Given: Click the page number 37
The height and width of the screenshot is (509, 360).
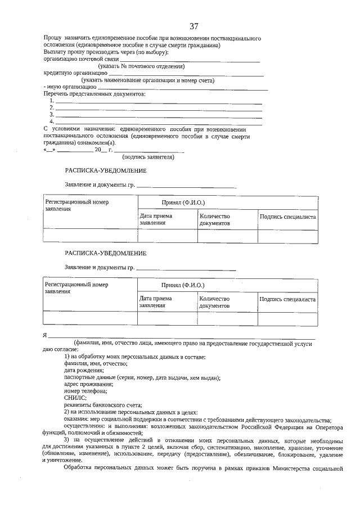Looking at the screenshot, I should [194, 26].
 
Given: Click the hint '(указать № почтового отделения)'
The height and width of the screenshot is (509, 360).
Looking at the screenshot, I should [141, 66].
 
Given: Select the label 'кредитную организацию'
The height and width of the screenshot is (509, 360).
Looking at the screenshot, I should [75, 73].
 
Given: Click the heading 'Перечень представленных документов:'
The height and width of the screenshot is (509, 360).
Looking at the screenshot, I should [94, 94].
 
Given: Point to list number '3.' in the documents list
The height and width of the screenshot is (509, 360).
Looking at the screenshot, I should [52, 114].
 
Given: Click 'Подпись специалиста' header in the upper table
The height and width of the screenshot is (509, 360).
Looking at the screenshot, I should [287, 217].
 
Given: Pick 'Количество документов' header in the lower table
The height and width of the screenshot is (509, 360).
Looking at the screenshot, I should [214, 303].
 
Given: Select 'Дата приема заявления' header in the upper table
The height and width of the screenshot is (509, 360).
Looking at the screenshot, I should [156, 219].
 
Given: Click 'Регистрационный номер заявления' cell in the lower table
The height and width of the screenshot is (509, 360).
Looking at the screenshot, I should [76, 288].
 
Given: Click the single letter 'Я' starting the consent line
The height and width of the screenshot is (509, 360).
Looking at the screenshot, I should [45, 335].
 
